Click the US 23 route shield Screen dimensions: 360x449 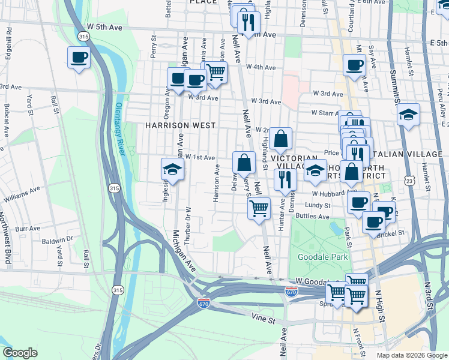click(x=409, y=180)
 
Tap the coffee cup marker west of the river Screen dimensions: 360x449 click(x=79, y=58)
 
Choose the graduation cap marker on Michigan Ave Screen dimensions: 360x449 click(x=172, y=169)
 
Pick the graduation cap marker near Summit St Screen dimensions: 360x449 click(x=408, y=114)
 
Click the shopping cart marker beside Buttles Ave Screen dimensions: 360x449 click(x=259, y=209)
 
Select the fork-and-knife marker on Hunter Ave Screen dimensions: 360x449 click(x=285, y=179)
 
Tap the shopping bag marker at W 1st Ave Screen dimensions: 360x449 click(x=244, y=163)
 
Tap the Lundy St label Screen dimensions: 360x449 click(x=319, y=205)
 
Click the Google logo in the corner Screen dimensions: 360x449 click(x=20, y=353)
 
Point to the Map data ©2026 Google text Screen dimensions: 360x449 click(x=411, y=355)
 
